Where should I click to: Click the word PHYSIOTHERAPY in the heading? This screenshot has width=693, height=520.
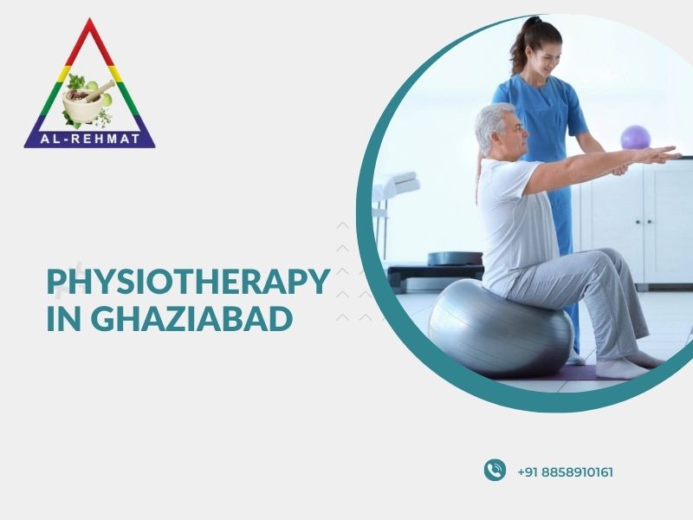pos(188,282)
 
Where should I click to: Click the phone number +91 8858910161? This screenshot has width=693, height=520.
pos(565,472)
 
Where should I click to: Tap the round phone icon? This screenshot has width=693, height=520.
pos(495,470)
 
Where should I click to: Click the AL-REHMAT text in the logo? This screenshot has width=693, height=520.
pos(90,139)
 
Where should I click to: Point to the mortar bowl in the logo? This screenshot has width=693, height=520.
pos(83,106)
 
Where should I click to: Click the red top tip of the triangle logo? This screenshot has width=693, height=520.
pos(90,18)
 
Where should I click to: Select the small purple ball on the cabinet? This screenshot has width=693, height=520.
pos(636,137)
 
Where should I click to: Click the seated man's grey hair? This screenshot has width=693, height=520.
pos(490,125)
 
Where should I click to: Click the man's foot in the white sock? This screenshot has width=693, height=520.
pos(622,367)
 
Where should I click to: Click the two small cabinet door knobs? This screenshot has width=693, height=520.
pos(643,222)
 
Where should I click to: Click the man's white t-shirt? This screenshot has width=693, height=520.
pos(515,221)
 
